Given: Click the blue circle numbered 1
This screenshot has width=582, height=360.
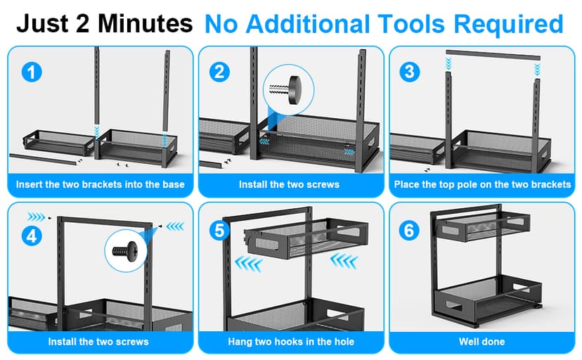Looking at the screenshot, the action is click(x=32, y=72).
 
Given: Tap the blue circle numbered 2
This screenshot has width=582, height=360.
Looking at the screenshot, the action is click(x=219, y=72).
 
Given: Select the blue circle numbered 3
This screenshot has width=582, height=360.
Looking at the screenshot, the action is click(x=409, y=72).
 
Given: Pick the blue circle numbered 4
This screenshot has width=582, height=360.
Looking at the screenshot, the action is click(x=32, y=236).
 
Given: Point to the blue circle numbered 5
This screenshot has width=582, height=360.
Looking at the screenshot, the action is click(x=219, y=230).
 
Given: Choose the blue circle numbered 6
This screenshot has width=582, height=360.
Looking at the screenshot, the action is click(x=409, y=230).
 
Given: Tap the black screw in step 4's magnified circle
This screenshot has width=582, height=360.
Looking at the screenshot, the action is click(x=125, y=251).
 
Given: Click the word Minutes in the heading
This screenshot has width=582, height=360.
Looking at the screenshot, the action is click(x=145, y=23).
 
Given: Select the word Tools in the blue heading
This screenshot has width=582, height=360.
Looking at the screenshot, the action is click(x=411, y=24).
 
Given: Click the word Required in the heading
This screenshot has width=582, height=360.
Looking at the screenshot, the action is click(x=508, y=25).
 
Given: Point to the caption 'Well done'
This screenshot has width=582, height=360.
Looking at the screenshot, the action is click(x=481, y=342).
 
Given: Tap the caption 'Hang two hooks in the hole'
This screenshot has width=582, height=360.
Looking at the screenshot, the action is click(x=291, y=342).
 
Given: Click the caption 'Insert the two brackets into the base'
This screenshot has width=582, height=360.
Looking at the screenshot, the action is click(x=101, y=184).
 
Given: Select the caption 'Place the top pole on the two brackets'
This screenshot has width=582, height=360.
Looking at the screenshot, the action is click(x=482, y=184).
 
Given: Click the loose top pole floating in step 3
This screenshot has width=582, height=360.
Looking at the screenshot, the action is click(x=493, y=56).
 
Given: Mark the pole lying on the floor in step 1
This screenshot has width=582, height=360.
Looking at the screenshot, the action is click(x=42, y=159).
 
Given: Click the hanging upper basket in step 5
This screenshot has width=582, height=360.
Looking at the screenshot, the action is click(x=306, y=238).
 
